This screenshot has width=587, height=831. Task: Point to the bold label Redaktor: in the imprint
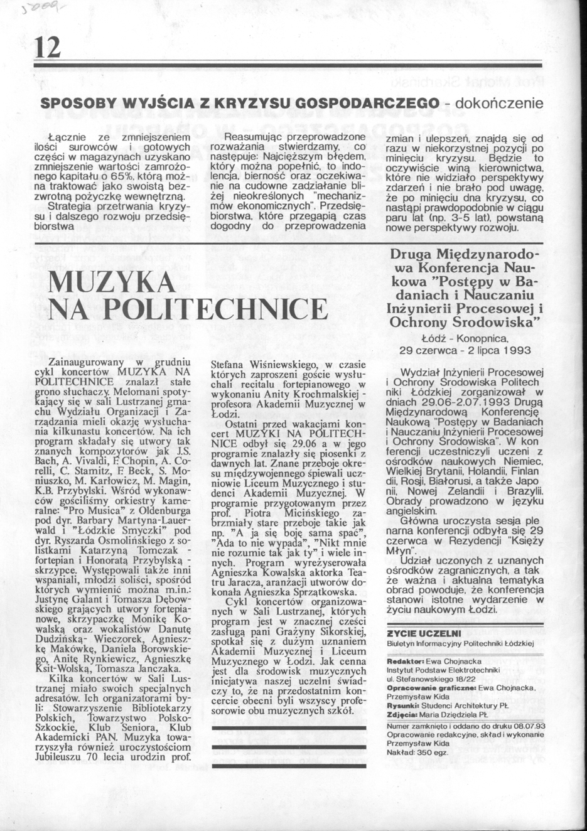click(407, 661)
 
